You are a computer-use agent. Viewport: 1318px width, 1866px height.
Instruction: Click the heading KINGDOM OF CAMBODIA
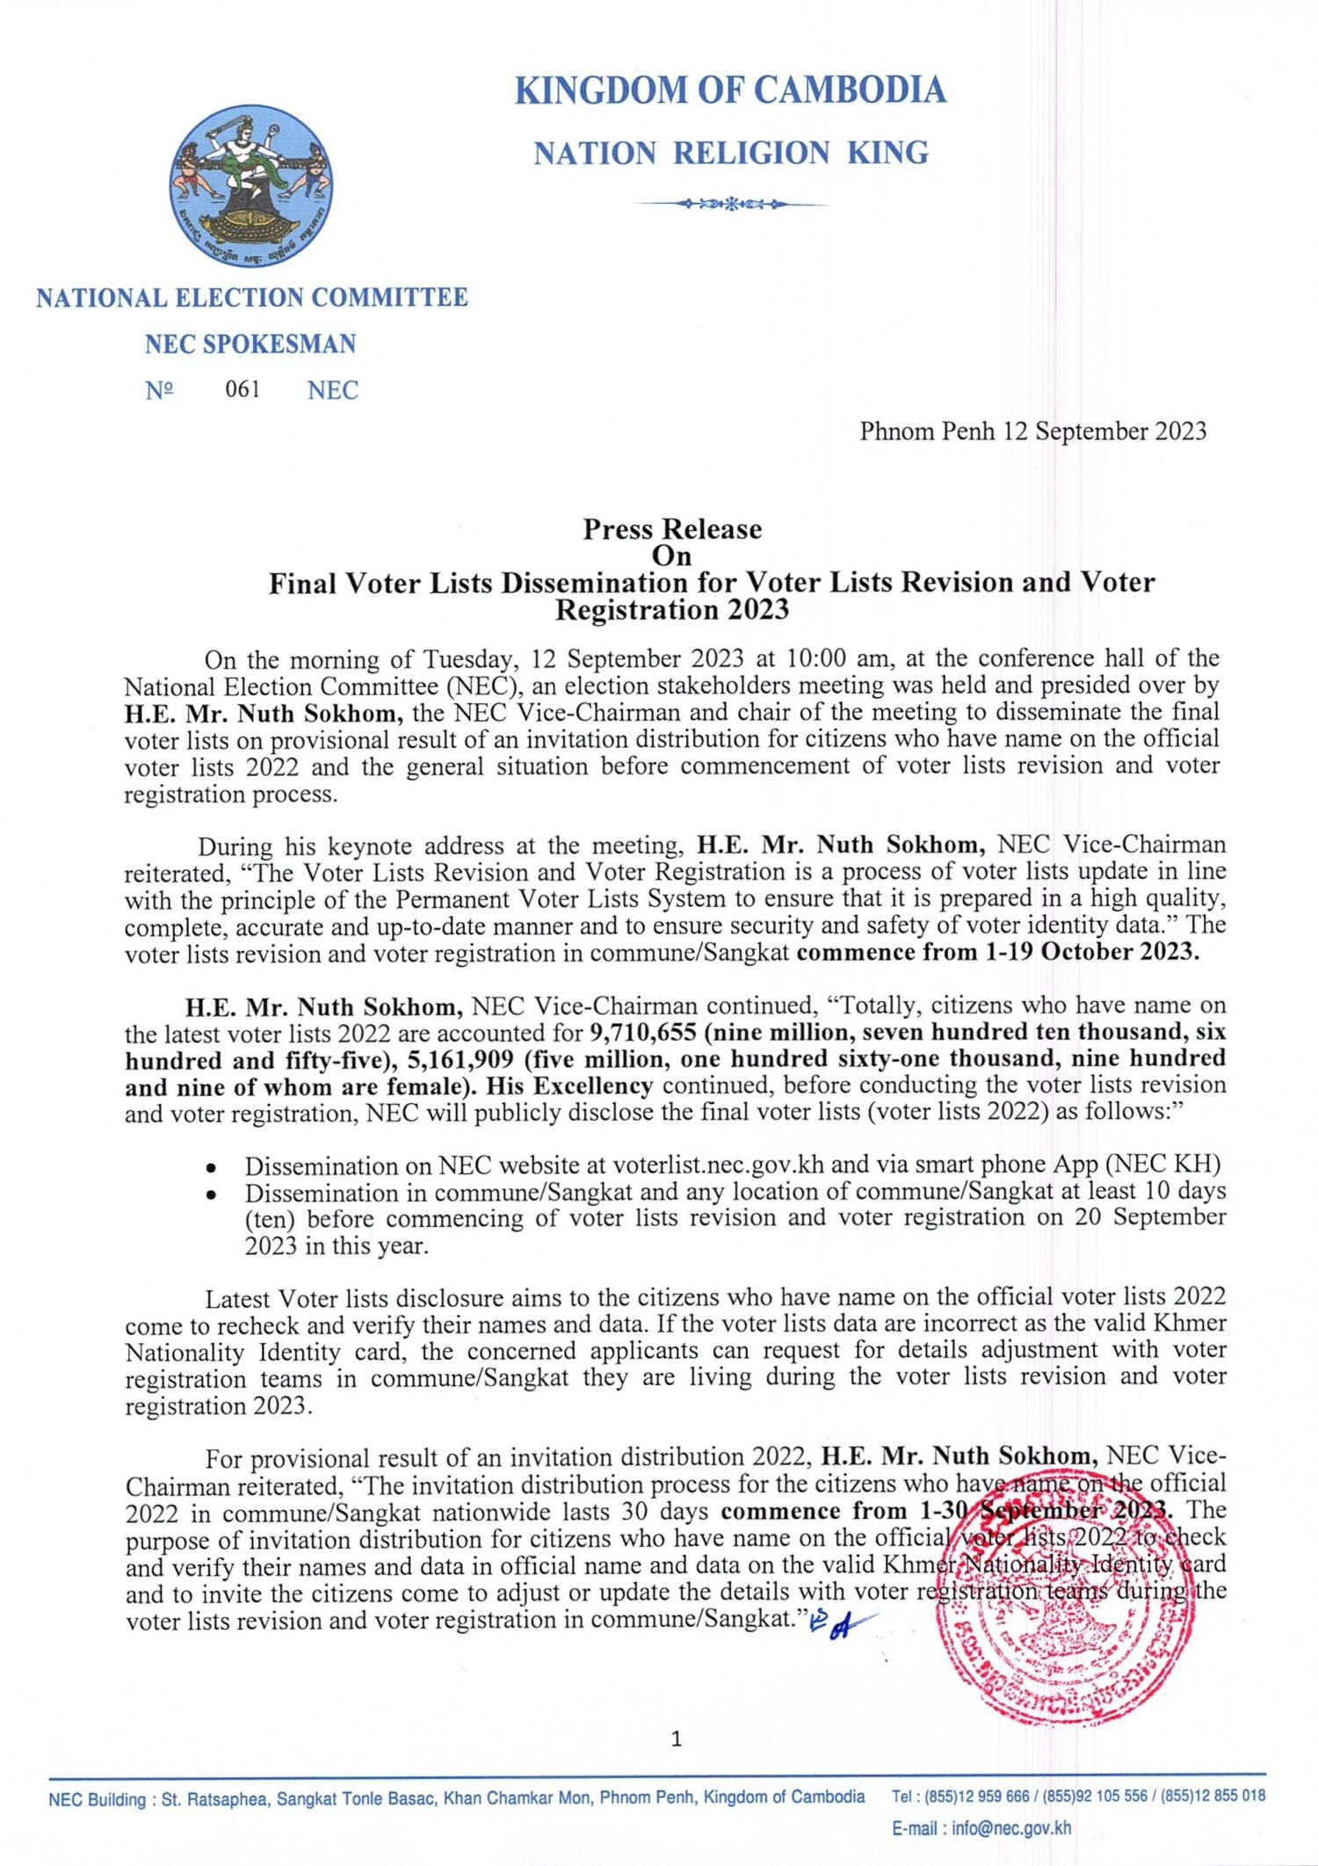click(730, 90)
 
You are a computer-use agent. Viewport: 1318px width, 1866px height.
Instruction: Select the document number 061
click(243, 389)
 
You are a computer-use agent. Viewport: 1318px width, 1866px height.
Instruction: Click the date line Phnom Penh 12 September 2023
click(1032, 431)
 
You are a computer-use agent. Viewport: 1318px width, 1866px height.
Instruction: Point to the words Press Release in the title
click(672, 529)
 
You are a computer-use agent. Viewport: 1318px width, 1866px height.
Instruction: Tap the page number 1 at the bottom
click(676, 1738)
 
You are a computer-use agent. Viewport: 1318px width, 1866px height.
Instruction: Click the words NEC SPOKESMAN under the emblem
click(250, 344)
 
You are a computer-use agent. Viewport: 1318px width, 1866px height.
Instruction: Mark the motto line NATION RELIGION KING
click(731, 153)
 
